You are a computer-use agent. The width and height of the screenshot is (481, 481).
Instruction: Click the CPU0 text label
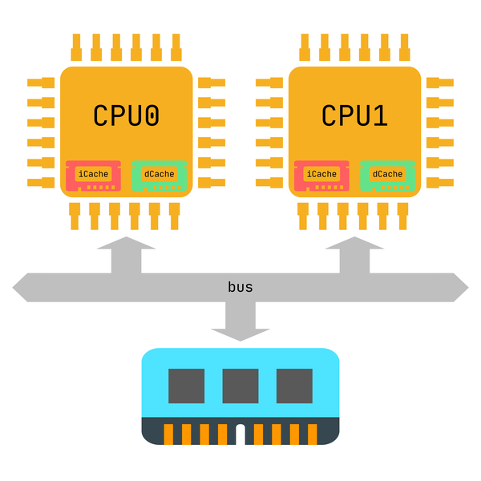pyautogui.click(x=126, y=115)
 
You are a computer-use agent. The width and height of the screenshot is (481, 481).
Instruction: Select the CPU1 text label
pyautogui.click(x=354, y=115)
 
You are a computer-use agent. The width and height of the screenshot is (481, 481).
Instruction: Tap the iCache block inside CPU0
pyautogui.click(x=93, y=176)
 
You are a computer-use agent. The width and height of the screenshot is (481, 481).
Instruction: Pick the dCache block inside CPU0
pyautogui.click(x=160, y=176)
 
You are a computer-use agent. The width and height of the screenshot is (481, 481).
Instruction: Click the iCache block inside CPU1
pyautogui.click(x=321, y=176)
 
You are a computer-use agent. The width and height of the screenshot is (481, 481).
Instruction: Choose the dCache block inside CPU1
pyautogui.click(x=388, y=176)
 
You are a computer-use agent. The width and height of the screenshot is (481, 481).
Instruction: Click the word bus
pyautogui.click(x=240, y=287)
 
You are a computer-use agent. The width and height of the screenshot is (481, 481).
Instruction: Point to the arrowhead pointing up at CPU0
pyautogui.click(x=126, y=243)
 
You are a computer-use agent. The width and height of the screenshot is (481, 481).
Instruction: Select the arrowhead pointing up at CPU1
pyautogui.click(x=354, y=243)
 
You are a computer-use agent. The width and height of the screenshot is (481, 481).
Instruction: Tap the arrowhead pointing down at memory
pyautogui.click(x=240, y=335)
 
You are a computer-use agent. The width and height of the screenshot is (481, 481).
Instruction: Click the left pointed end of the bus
pyautogui.click(x=13, y=288)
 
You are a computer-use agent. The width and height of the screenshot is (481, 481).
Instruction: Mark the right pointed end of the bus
pyautogui.click(x=468, y=288)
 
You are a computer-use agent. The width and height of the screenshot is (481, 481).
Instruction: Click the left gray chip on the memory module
pyautogui.click(x=187, y=386)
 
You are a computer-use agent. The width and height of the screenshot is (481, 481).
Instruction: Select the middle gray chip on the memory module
pyautogui.click(x=240, y=386)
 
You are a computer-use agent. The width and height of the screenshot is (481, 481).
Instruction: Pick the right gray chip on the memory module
pyautogui.click(x=294, y=386)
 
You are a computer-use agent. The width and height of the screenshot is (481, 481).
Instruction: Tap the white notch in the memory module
pyautogui.click(x=240, y=435)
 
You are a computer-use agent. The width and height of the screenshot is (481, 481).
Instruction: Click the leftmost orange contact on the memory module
pyautogui.click(x=168, y=435)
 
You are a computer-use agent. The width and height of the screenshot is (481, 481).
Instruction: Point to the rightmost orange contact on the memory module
pyautogui.click(x=313, y=435)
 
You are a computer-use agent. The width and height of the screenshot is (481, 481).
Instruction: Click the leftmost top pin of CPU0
pyautogui.click(x=76, y=47)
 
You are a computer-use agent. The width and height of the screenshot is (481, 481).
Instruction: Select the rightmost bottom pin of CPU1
pyautogui.click(x=402, y=216)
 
